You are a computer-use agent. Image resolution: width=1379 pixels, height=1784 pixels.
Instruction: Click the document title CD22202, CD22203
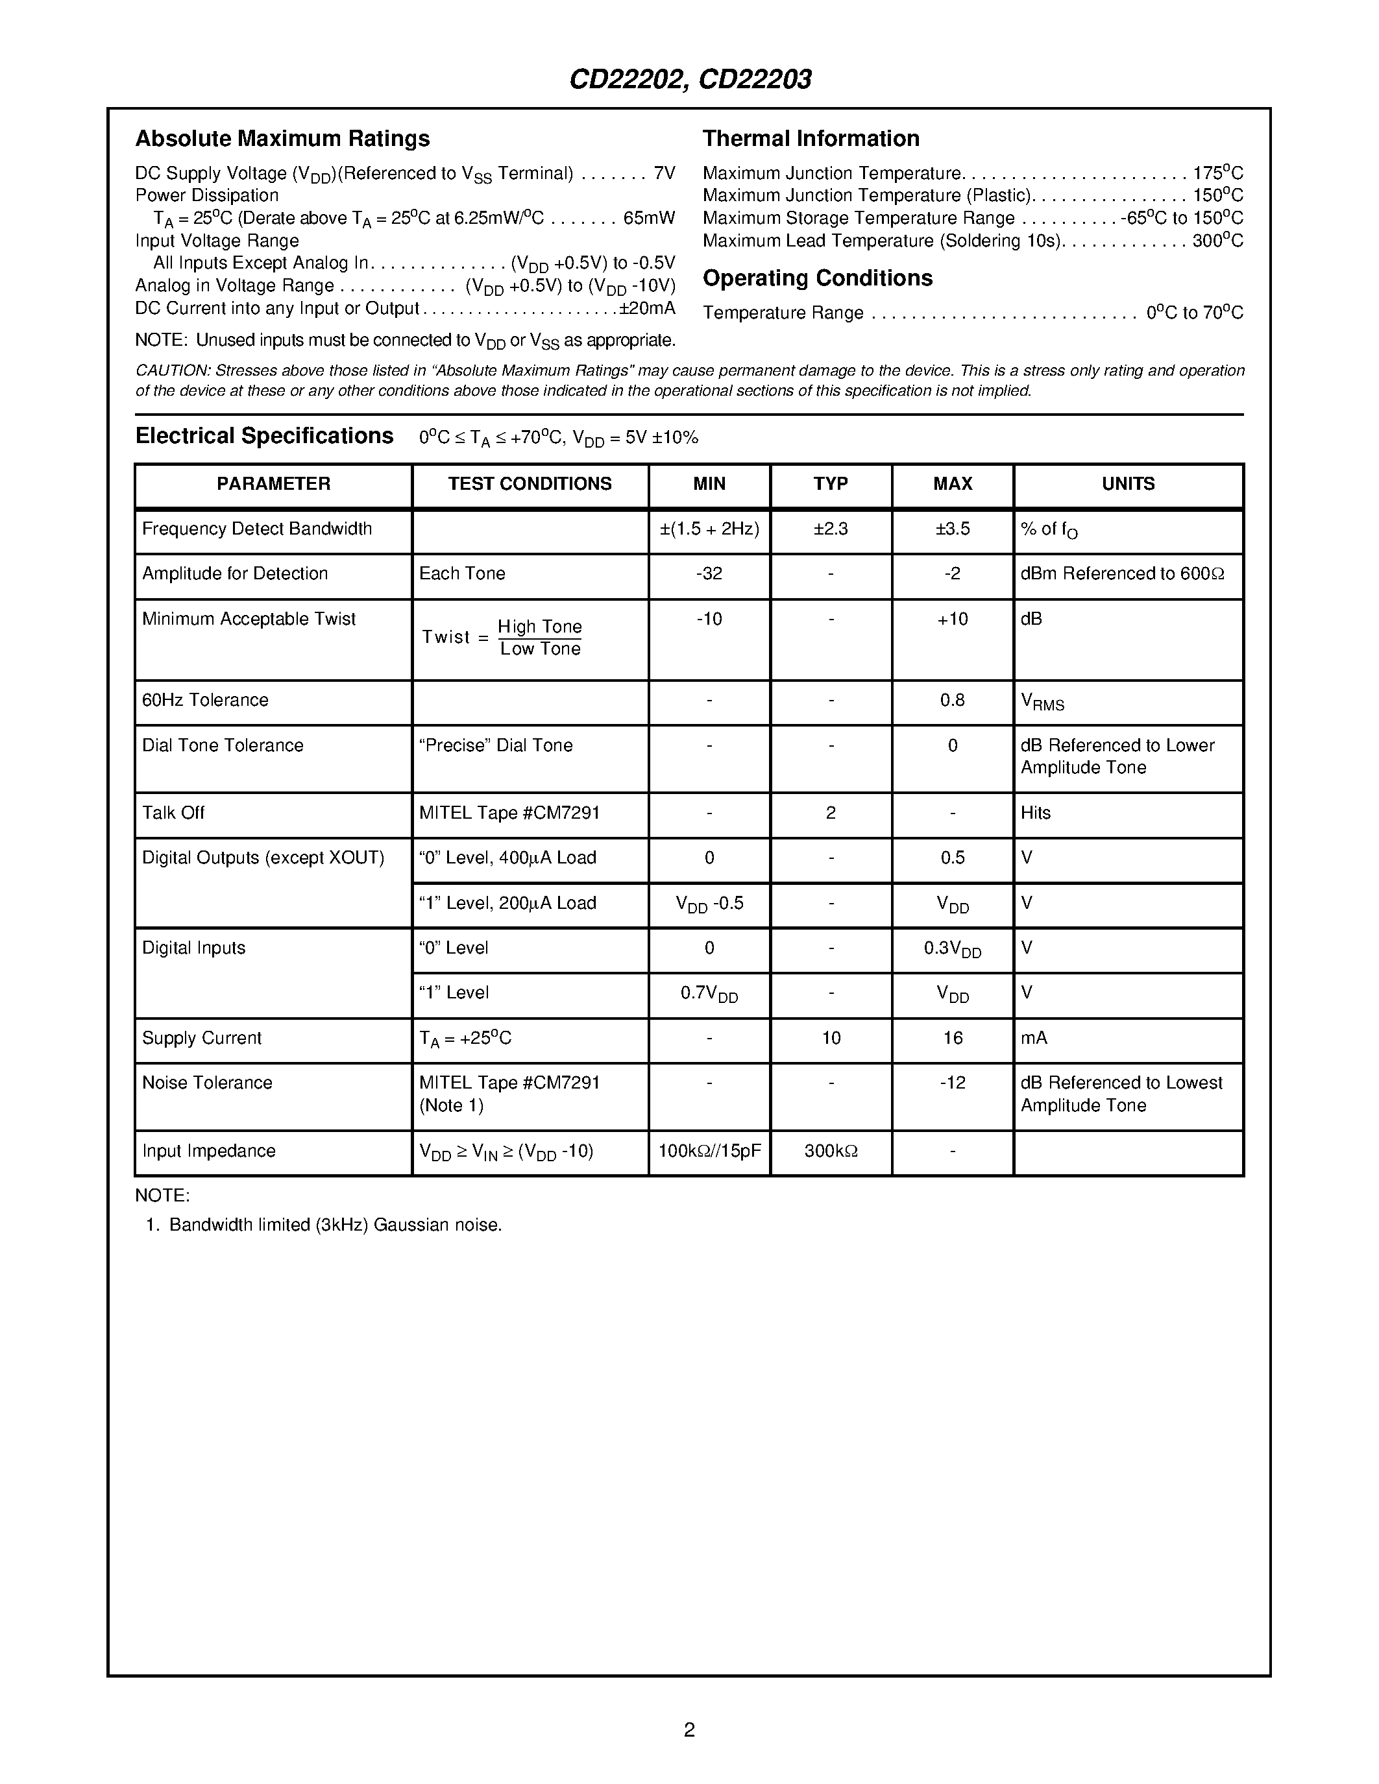[x=689, y=80]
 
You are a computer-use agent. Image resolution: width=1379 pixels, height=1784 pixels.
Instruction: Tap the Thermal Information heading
[x=811, y=139]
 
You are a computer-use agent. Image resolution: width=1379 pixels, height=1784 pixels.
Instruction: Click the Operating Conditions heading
[x=817, y=278]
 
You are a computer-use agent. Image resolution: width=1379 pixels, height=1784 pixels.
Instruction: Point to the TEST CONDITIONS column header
[x=530, y=485]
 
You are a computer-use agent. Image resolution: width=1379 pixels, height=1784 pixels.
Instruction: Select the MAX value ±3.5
[x=953, y=529]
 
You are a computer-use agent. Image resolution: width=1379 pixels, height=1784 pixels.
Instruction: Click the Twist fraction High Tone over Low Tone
[x=540, y=638]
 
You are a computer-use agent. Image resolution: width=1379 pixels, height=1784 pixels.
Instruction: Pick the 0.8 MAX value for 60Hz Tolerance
[x=953, y=700]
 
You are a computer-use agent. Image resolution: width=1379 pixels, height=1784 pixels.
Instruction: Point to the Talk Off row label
[x=173, y=813]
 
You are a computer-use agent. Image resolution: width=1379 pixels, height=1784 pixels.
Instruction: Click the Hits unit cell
[x=1035, y=813]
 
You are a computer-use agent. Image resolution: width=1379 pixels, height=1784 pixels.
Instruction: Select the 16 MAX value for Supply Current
[x=953, y=1038]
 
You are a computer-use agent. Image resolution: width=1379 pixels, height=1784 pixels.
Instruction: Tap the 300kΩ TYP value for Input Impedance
[x=830, y=1151]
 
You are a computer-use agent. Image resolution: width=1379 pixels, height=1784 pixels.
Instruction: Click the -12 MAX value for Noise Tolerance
[x=953, y=1083]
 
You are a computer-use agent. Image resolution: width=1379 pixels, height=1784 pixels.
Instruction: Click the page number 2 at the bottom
[x=689, y=1730]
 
